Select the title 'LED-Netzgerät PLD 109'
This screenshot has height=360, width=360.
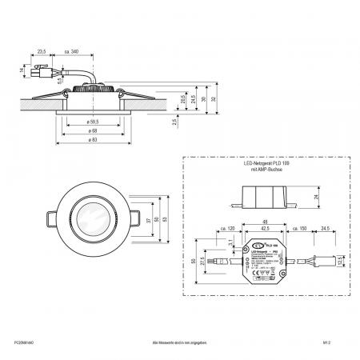pos(262,164)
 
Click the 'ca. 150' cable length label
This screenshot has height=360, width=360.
pos(298,230)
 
